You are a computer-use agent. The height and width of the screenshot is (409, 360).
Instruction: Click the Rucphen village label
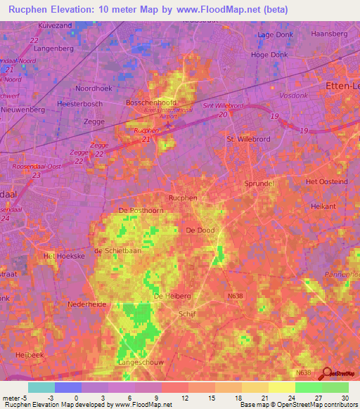[x=183, y=198]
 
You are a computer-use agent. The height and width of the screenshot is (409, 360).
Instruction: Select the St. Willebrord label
[x=244, y=139]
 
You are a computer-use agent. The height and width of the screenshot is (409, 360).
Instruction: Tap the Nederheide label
[x=85, y=304]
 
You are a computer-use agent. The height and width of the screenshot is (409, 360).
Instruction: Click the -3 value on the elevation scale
[x=51, y=397]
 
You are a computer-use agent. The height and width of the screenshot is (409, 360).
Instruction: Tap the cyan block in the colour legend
[x=41, y=387]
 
